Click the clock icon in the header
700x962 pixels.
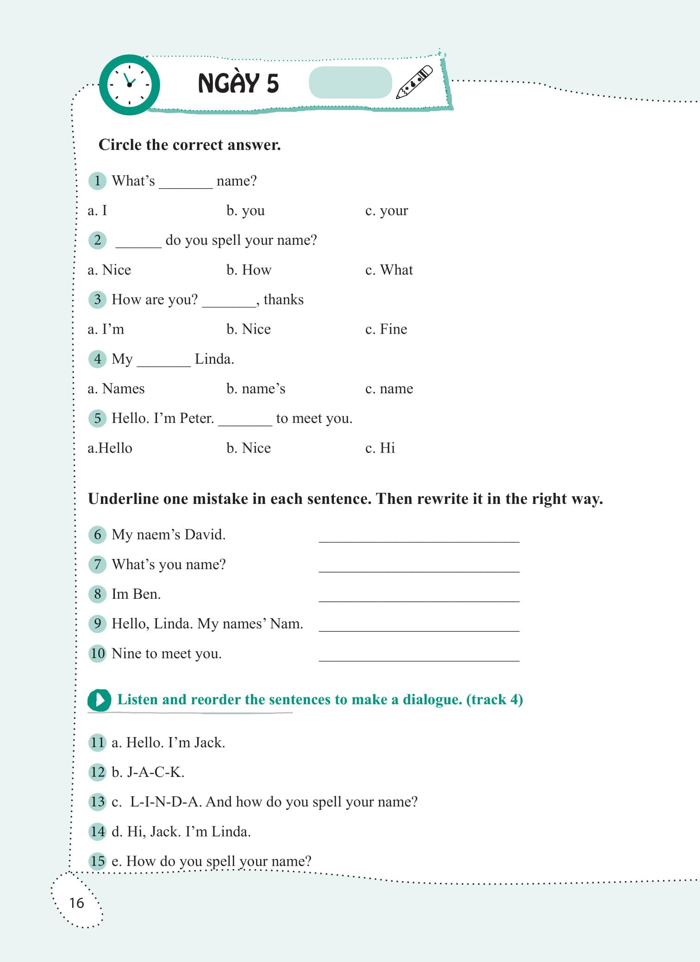pos(130,85)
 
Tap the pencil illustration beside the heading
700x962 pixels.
pos(414,82)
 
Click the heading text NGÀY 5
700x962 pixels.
pos(238,83)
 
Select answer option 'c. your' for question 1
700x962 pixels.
pos(387,211)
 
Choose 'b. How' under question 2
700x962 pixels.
pos(249,270)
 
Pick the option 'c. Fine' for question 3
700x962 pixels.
pos(386,329)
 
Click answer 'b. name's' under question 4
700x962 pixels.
pos(256,389)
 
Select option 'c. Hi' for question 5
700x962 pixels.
pos(380,448)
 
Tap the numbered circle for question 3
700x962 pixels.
pos(97,299)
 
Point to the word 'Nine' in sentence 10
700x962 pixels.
pos(126,653)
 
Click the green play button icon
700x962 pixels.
pos(99,700)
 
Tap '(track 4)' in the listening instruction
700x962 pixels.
pos(494,699)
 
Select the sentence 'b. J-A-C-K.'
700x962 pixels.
pos(148,772)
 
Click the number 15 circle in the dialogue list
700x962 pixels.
pos(98,861)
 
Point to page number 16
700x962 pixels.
pos(77,903)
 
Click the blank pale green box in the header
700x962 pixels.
pos(350,82)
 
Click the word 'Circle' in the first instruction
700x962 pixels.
pos(120,145)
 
